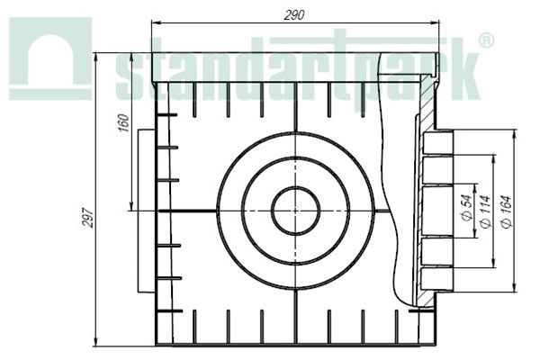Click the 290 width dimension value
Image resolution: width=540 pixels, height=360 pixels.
click(x=293, y=15)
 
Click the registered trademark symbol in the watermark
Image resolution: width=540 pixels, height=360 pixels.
click(x=485, y=41)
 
